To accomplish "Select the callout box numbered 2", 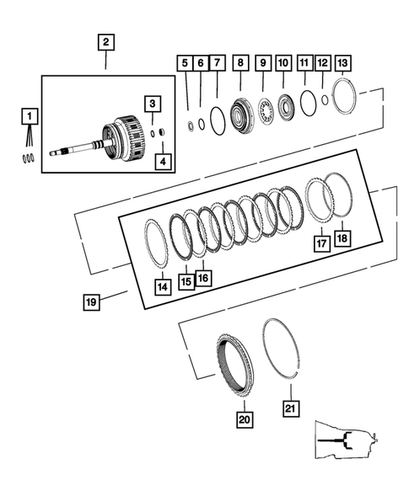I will pyautogui.click(x=105, y=41).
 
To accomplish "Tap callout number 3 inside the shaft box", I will pyautogui.click(x=152, y=104).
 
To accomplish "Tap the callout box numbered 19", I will pyautogui.click(x=91, y=301).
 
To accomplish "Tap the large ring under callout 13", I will pyautogui.click(x=343, y=96).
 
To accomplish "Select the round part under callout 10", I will pyautogui.click(x=283, y=106).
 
